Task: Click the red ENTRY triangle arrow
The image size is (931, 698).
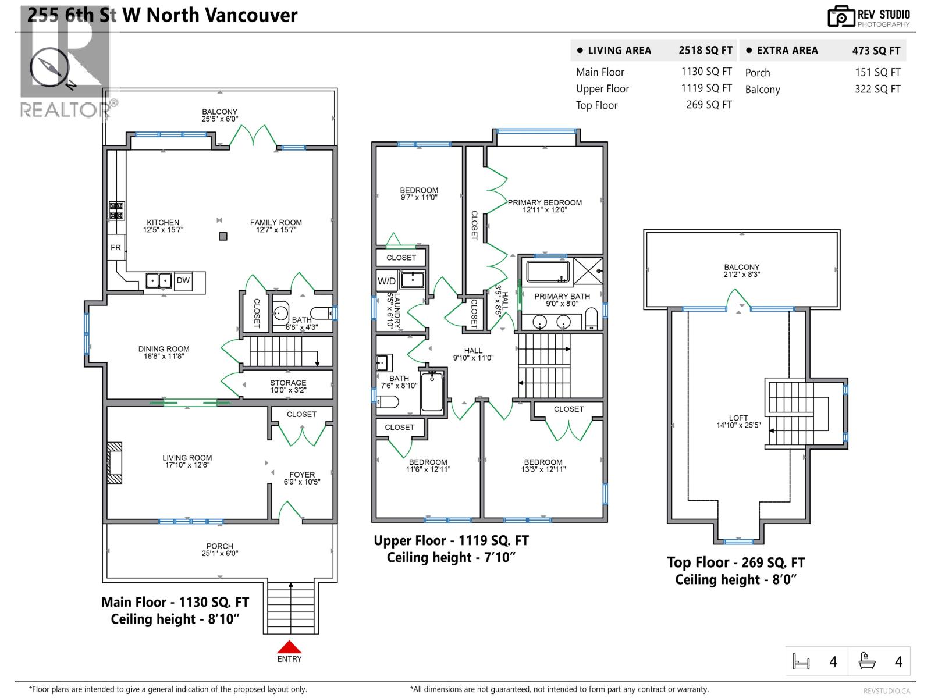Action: pyautogui.click(x=289, y=647)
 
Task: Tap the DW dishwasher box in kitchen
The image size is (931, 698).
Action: pyautogui.click(x=183, y=280)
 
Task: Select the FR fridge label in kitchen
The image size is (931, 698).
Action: pyautogui.click(x=116, y=248)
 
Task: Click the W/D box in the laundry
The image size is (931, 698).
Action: pyautogui.click(x=386, y=281)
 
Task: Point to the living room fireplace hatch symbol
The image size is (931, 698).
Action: pyautogui.click(x=115, y=463)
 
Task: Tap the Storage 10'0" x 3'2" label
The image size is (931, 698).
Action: pyautogui.click(x=288, y=387)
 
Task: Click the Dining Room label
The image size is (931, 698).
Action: pyautogui.click(x=164, y=352)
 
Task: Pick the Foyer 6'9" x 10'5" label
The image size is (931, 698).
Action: pyautogui.click(x=302, y=478)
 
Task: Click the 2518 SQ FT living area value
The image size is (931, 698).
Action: pyautogui.click(x=705, y=51)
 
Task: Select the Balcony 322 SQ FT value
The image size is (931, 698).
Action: pyautogui.click(x=877, y=89)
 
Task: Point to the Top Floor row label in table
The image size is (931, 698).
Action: pyautogui.click(x=596, y=105)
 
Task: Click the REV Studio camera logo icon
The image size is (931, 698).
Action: pyautogui.click(x=840, y=16)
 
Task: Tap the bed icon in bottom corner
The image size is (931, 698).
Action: pyautogui.click(x=801, y=662)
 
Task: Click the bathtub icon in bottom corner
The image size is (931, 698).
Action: pyautogui.click(x=867, y=661)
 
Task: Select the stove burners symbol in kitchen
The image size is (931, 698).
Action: pyautogui.click(x=116, y=211)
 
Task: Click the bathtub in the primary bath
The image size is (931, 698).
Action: pyautogui.click(x=548, y=272)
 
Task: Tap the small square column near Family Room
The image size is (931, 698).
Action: pyautogui.click(x=223, y=236)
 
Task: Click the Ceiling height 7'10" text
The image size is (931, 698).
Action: pyautogui.click(x=451, y=558)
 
